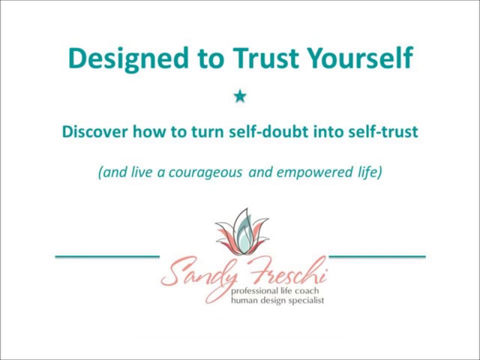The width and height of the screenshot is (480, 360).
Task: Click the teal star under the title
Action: pyautogui.click(x=240, y=97)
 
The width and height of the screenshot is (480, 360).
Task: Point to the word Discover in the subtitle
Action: pyautogui.click(x=95, y=132)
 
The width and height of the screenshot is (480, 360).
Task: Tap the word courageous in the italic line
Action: pyautogui.click(x=205, y=173)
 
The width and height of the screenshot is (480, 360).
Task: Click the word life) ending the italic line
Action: pyautogui.click(x=370, y=172)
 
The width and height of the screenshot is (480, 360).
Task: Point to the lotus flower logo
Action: pyautogui.click(x=242, y=232)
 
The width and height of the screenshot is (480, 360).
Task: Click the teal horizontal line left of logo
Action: pyautogui.click(x=107, y=256)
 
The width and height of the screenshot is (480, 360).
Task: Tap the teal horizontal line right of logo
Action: pyautogui.click(x=377, y=256)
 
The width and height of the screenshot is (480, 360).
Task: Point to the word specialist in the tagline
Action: pyautogui.click(x=306, y=301)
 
